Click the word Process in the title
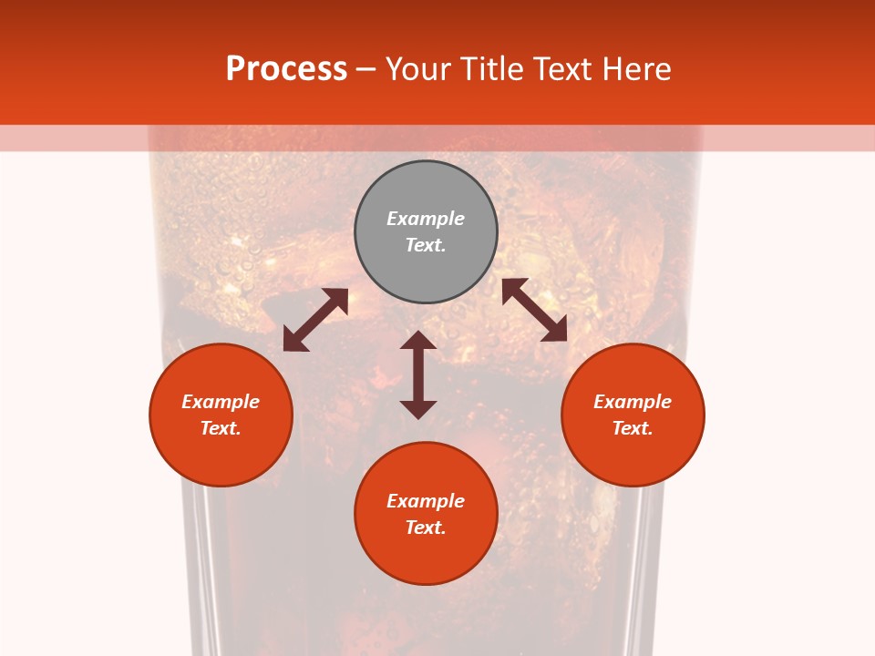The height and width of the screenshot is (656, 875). click(x=286, y=69)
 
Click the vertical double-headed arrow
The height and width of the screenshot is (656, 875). click(x=418, y=374)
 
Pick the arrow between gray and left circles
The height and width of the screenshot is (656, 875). click(x=315, y=320)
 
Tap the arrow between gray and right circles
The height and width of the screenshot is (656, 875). click(x=534, y=310)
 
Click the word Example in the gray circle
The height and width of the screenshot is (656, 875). click(x=426, y=219)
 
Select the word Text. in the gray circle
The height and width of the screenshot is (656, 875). click(x=426, y=245)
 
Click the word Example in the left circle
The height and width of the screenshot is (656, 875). click(x=221, y=402)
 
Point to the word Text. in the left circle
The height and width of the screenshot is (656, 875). click(x=221, y=428)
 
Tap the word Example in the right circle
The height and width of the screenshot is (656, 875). click(x=633, y=402)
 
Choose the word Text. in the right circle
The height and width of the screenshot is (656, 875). click(x=633, y=428)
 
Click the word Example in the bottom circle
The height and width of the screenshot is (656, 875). click(x=426, y=501)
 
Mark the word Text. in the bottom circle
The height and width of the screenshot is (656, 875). click(x=426, y=528)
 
